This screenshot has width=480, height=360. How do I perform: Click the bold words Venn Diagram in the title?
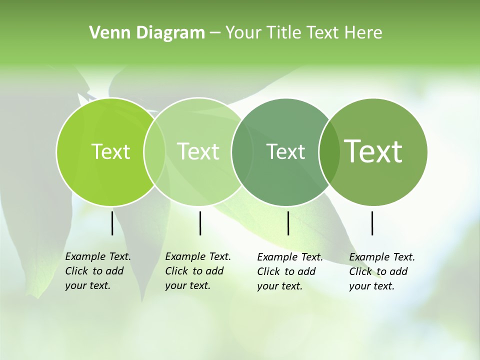(x=147, y=33)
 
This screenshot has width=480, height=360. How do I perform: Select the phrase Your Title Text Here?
(x=303, y=33)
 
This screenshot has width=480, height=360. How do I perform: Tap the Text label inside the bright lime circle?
(x=110, y=151)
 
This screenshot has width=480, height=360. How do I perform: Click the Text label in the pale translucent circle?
(x=198, y=151)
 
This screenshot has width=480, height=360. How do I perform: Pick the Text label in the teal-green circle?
(x=285, y=151)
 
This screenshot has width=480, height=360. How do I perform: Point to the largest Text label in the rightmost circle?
(x=373, y=151)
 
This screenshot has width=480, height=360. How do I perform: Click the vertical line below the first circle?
(x=112, y=223)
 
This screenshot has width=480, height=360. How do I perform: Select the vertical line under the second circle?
(x=200, y=223)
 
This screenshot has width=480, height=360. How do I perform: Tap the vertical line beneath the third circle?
(x=288, y=223)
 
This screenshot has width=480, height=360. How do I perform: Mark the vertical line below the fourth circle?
(x=372, y=223)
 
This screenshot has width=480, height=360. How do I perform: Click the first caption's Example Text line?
(x=98, y=256)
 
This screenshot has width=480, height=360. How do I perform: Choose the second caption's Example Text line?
(x=198, y=256)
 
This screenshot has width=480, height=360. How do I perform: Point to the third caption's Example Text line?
(x=290, y=257)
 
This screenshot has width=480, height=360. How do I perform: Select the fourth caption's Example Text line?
(x=382, y=257)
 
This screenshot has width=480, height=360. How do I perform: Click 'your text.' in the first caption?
(x=87, y=286)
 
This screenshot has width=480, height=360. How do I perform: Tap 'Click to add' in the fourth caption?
(x=378, y=271)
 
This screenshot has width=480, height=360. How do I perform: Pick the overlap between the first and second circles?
(x=154, y=151)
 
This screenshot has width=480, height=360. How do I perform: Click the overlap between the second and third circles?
(x=242, y=151)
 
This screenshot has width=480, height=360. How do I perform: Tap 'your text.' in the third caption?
(x=279, y=286)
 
